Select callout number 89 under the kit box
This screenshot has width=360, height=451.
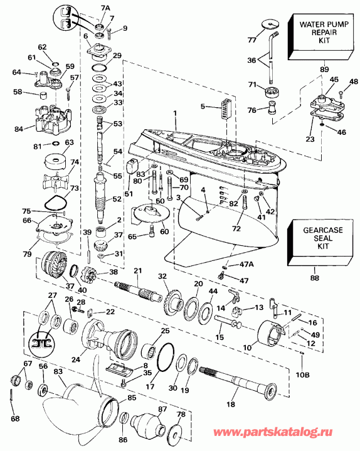307,69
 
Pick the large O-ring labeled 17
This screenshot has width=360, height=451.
165,358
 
